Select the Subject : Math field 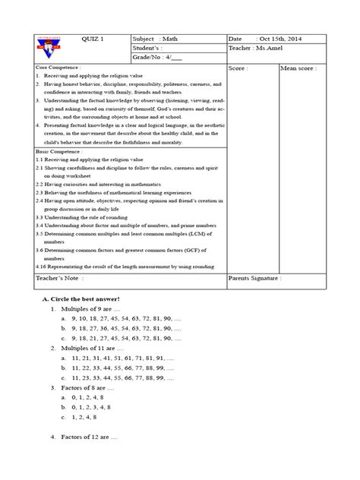[x=160, y=37]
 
